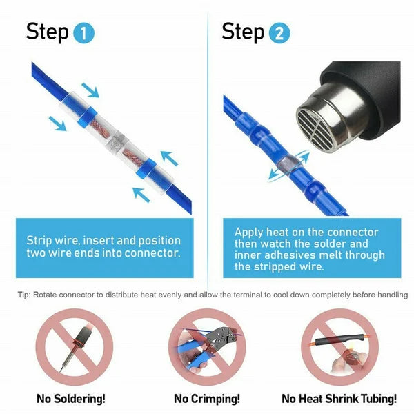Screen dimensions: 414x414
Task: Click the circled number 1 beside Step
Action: click(83, 33)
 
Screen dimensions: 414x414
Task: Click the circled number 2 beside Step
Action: click(279, 33)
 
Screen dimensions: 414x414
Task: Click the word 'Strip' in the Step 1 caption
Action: click(41, 241)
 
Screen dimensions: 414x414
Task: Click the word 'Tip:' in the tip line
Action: click(25, 295)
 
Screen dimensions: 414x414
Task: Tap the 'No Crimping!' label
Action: click(206, 399)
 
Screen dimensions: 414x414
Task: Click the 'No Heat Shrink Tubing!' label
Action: click(339, 399)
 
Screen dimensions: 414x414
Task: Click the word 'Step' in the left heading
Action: click(47, 32)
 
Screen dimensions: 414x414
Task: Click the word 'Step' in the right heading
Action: click(243, 32)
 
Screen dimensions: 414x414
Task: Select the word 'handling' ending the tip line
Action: click(390, 295)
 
